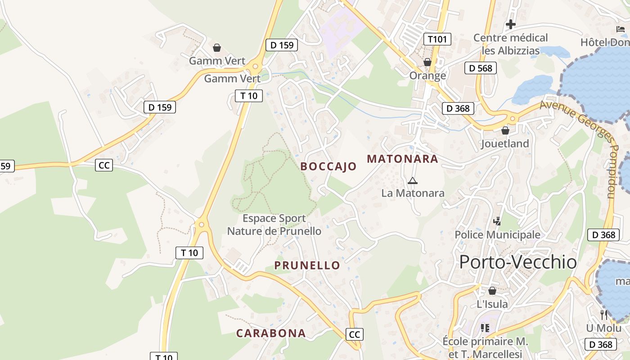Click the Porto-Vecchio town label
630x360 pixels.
518,262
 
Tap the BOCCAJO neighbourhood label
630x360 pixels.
328,166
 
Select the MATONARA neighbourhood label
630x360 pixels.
402,159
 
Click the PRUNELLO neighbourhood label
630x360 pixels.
307,265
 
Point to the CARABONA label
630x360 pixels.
271,333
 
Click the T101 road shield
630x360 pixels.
437,39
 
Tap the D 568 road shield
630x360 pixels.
481,68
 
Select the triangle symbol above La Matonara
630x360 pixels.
412,181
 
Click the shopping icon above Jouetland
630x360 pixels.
505,130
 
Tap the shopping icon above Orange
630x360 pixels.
427,62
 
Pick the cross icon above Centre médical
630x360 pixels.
510,24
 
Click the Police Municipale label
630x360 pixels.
497,235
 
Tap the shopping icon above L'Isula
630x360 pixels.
492,291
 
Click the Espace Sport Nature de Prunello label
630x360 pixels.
274,225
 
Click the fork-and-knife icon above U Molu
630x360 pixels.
603,315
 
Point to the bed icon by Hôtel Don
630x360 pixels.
620,29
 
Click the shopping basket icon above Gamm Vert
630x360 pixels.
217,47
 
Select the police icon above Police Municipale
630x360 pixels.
497,221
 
